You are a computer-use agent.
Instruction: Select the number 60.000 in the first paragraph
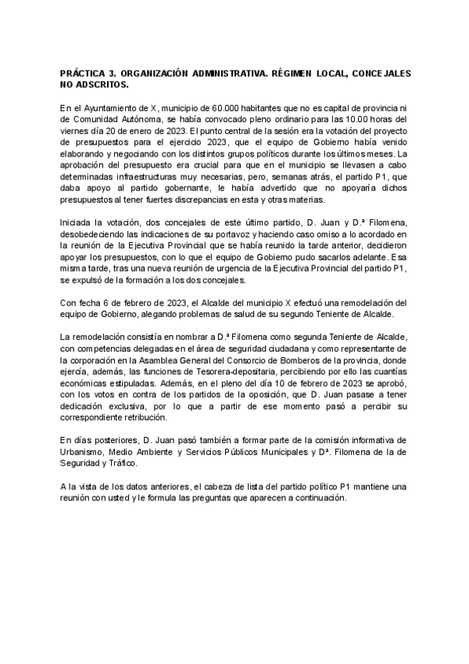point(228,106)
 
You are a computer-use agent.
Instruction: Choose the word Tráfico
point(111,464)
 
